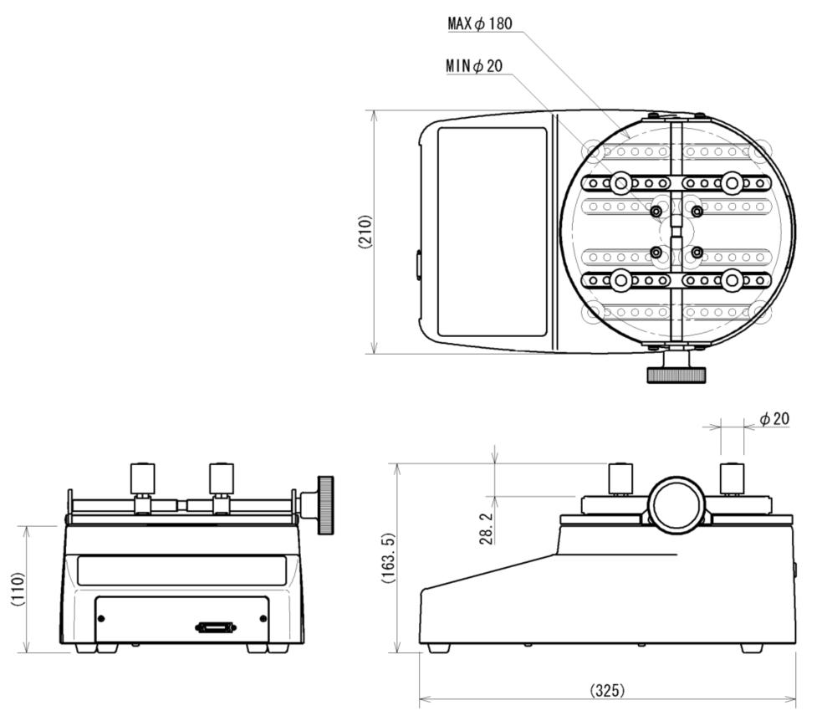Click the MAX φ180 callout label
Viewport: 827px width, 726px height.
tap(480, 24)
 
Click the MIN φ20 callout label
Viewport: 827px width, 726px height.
tap(475, 66)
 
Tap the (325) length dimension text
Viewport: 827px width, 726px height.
tap(607, 690)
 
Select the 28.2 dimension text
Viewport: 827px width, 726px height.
tap(487, 528)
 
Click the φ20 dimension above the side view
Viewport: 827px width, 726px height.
tap(773, 418)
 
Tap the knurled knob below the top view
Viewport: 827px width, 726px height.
tap(676, 373)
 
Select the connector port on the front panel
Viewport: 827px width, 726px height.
tap(216, 627)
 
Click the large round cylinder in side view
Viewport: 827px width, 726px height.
tap(676, 505)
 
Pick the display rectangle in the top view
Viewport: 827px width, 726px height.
tap(492, 232)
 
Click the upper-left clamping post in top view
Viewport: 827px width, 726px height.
tap(620, 183)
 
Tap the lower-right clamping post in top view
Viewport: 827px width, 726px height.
tap(733, 280)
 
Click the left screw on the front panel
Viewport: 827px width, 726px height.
tap(101, 618)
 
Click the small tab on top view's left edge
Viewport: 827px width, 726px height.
tap(417, 264)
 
